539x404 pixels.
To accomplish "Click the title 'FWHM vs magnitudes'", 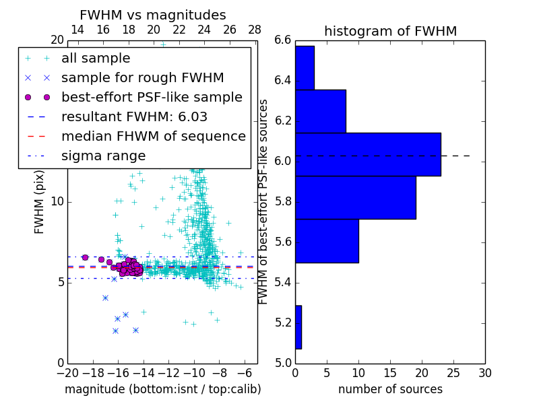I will click(153, 15).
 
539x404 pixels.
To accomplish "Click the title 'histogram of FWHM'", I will click(390, 31).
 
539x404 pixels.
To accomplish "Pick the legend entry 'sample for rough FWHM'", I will click(142, 77).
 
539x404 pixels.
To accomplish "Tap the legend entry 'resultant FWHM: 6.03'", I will click(134, 116).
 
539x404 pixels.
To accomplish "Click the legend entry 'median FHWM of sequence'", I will click(153, 136).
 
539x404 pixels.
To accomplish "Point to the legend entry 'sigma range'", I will click(103, 156).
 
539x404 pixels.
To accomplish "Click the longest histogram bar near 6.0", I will click(368, 154).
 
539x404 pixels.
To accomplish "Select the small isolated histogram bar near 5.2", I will click(298, 327).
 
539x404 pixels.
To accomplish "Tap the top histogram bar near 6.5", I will click(305, 67).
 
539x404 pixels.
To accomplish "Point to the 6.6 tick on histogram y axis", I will click(283, 40).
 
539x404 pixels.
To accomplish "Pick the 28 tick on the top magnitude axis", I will click(255, 30).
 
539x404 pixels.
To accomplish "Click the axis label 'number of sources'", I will click(390, 389).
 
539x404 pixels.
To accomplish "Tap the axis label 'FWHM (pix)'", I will click(40, 202).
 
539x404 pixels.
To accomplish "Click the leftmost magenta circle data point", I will click(85, 257).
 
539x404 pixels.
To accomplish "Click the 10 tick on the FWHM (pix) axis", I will click(58, 202).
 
